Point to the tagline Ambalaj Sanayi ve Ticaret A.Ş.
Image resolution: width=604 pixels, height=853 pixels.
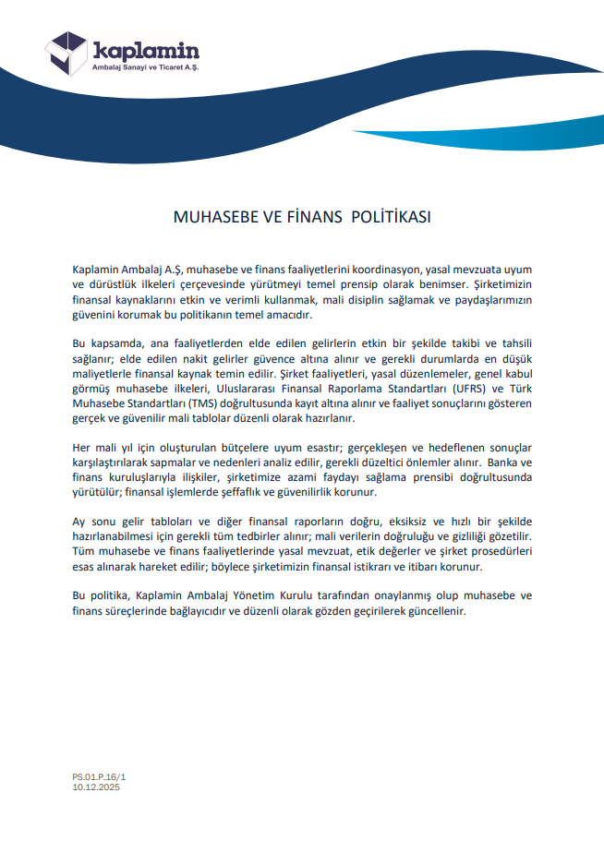tap(146, 68)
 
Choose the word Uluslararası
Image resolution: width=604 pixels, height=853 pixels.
tap(270, 389)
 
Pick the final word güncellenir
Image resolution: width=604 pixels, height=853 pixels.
tap(435, 611)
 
